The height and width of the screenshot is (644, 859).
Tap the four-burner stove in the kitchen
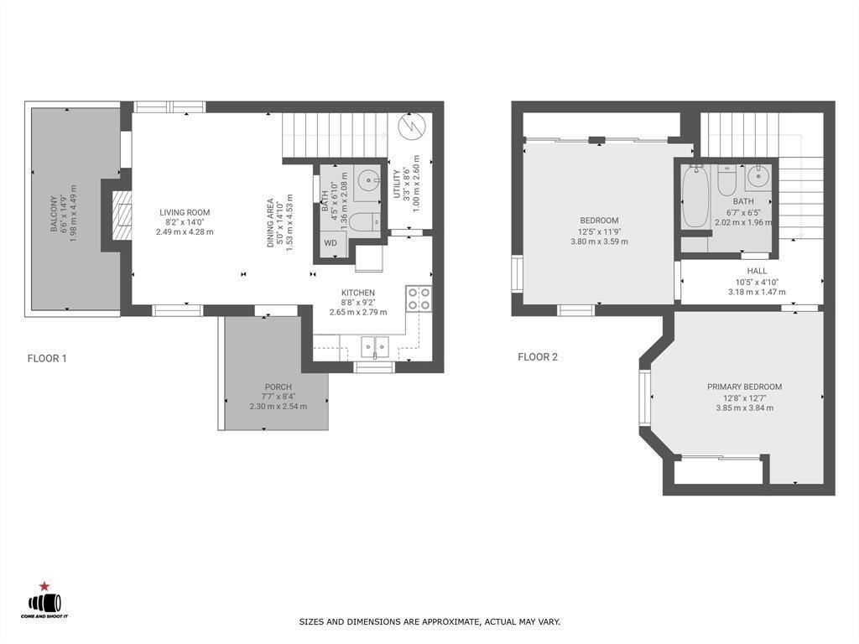[419, 299]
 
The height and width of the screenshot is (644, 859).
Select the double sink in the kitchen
[375, 345]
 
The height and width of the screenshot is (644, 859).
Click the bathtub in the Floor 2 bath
[695, 197]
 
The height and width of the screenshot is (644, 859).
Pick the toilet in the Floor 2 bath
[726, 179]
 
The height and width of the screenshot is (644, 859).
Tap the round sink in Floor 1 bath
[367, 179]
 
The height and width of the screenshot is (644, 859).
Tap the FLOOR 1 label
[47, 358]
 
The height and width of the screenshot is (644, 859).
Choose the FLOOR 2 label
[538, 356]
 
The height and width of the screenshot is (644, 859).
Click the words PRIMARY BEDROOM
[744, 387]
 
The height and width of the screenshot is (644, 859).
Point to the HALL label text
[757, 271]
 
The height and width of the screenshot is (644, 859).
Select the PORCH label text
[278, 387]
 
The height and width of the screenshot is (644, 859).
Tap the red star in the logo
[43, 586]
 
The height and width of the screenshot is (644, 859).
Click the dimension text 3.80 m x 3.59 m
[598, 241]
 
